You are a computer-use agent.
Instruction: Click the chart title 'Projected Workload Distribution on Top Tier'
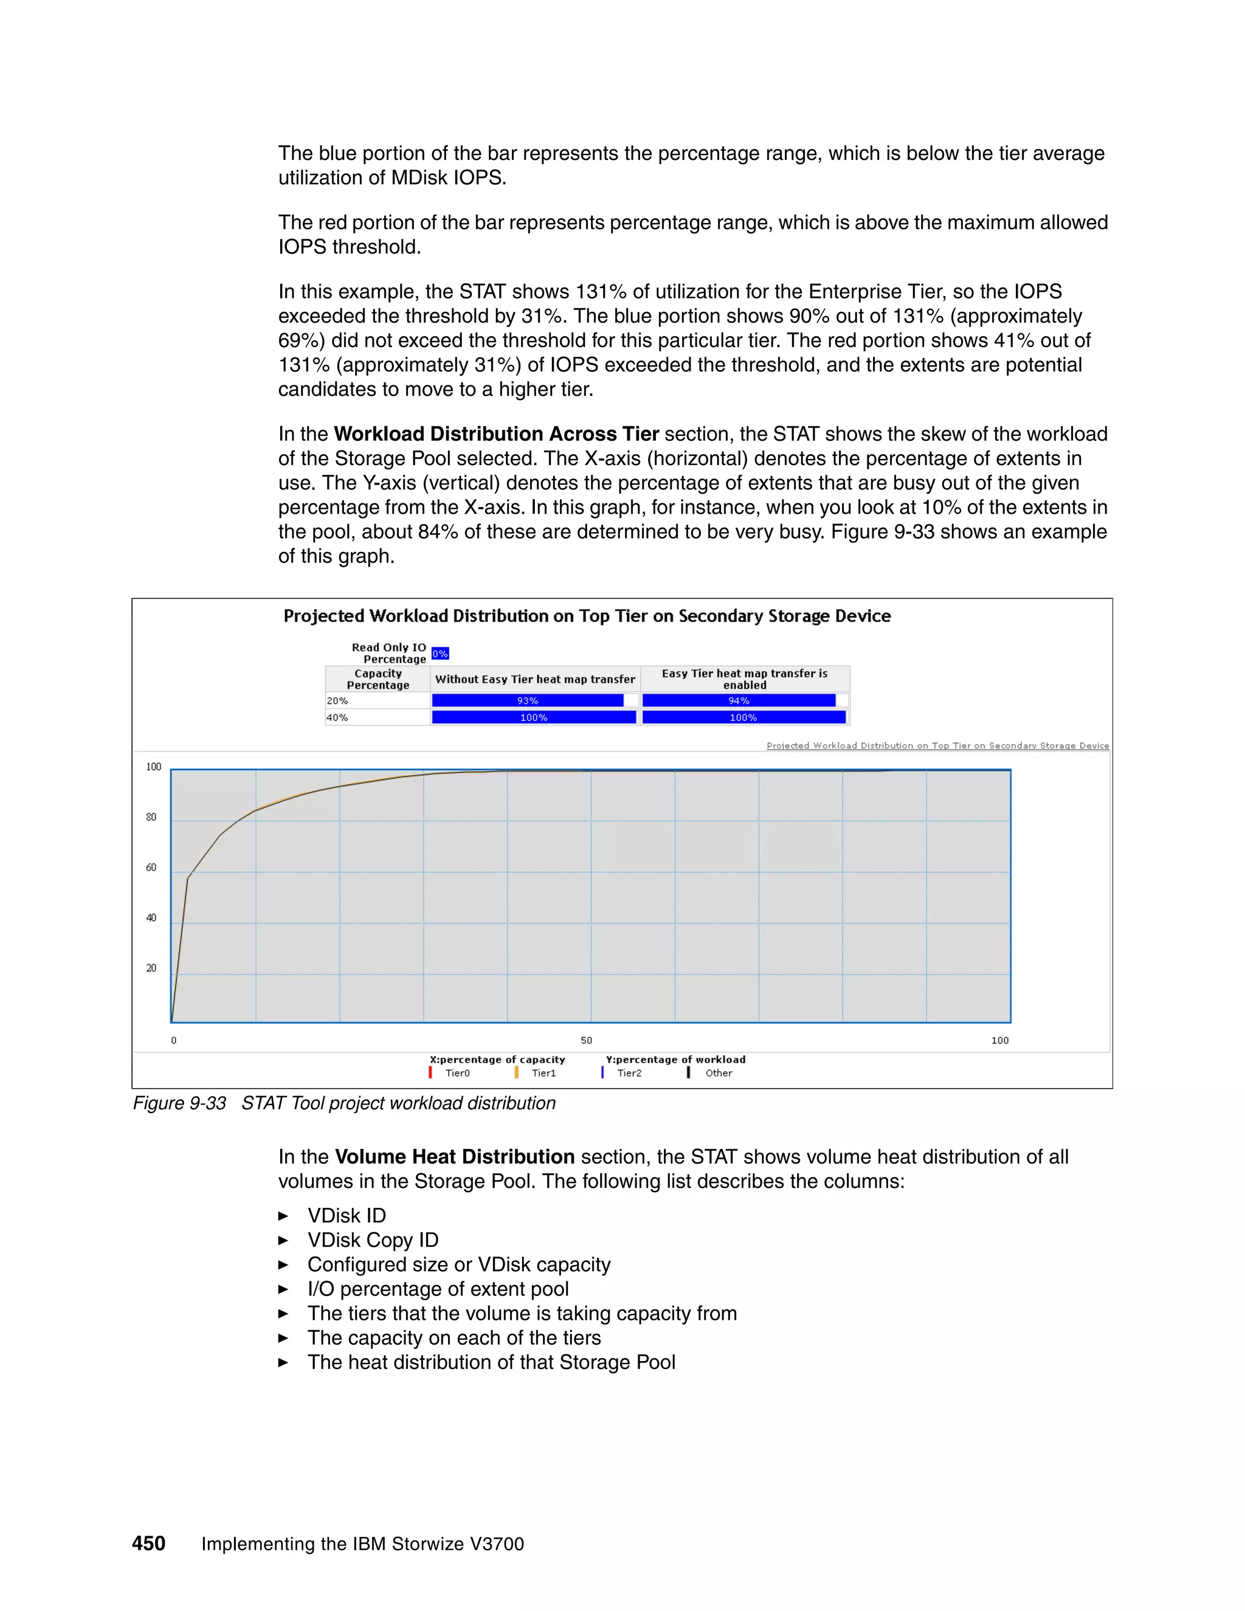click(x=587, y=616)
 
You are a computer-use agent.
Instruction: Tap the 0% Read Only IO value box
click(x=440, y=654)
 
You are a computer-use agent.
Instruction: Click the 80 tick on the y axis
click(x=151, y=817)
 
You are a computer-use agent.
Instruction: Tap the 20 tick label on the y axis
click(x=151, y=968)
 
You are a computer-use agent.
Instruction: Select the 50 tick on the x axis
click(x=587, y=1040)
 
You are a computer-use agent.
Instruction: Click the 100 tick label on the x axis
click(x=999, y=1040)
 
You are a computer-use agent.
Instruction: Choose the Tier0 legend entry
click(x=457, y=1073)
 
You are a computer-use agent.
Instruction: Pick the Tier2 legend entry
click(x=629, y=1073)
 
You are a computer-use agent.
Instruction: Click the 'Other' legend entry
click(x=718, y=1073)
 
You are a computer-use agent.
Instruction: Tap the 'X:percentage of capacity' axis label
click(x=497, y=1059)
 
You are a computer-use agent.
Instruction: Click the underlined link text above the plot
click(x=937, y=746)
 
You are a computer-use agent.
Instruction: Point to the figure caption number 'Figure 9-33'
click(x=179, y=1103)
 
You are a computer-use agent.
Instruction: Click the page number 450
click(x=148, y=1543)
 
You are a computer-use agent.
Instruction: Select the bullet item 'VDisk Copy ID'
click(x=373, y=1240)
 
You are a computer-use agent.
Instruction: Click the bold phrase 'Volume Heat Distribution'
click(x=454, y=1157)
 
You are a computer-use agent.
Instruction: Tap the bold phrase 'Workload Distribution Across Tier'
click(x=495, y=433)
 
